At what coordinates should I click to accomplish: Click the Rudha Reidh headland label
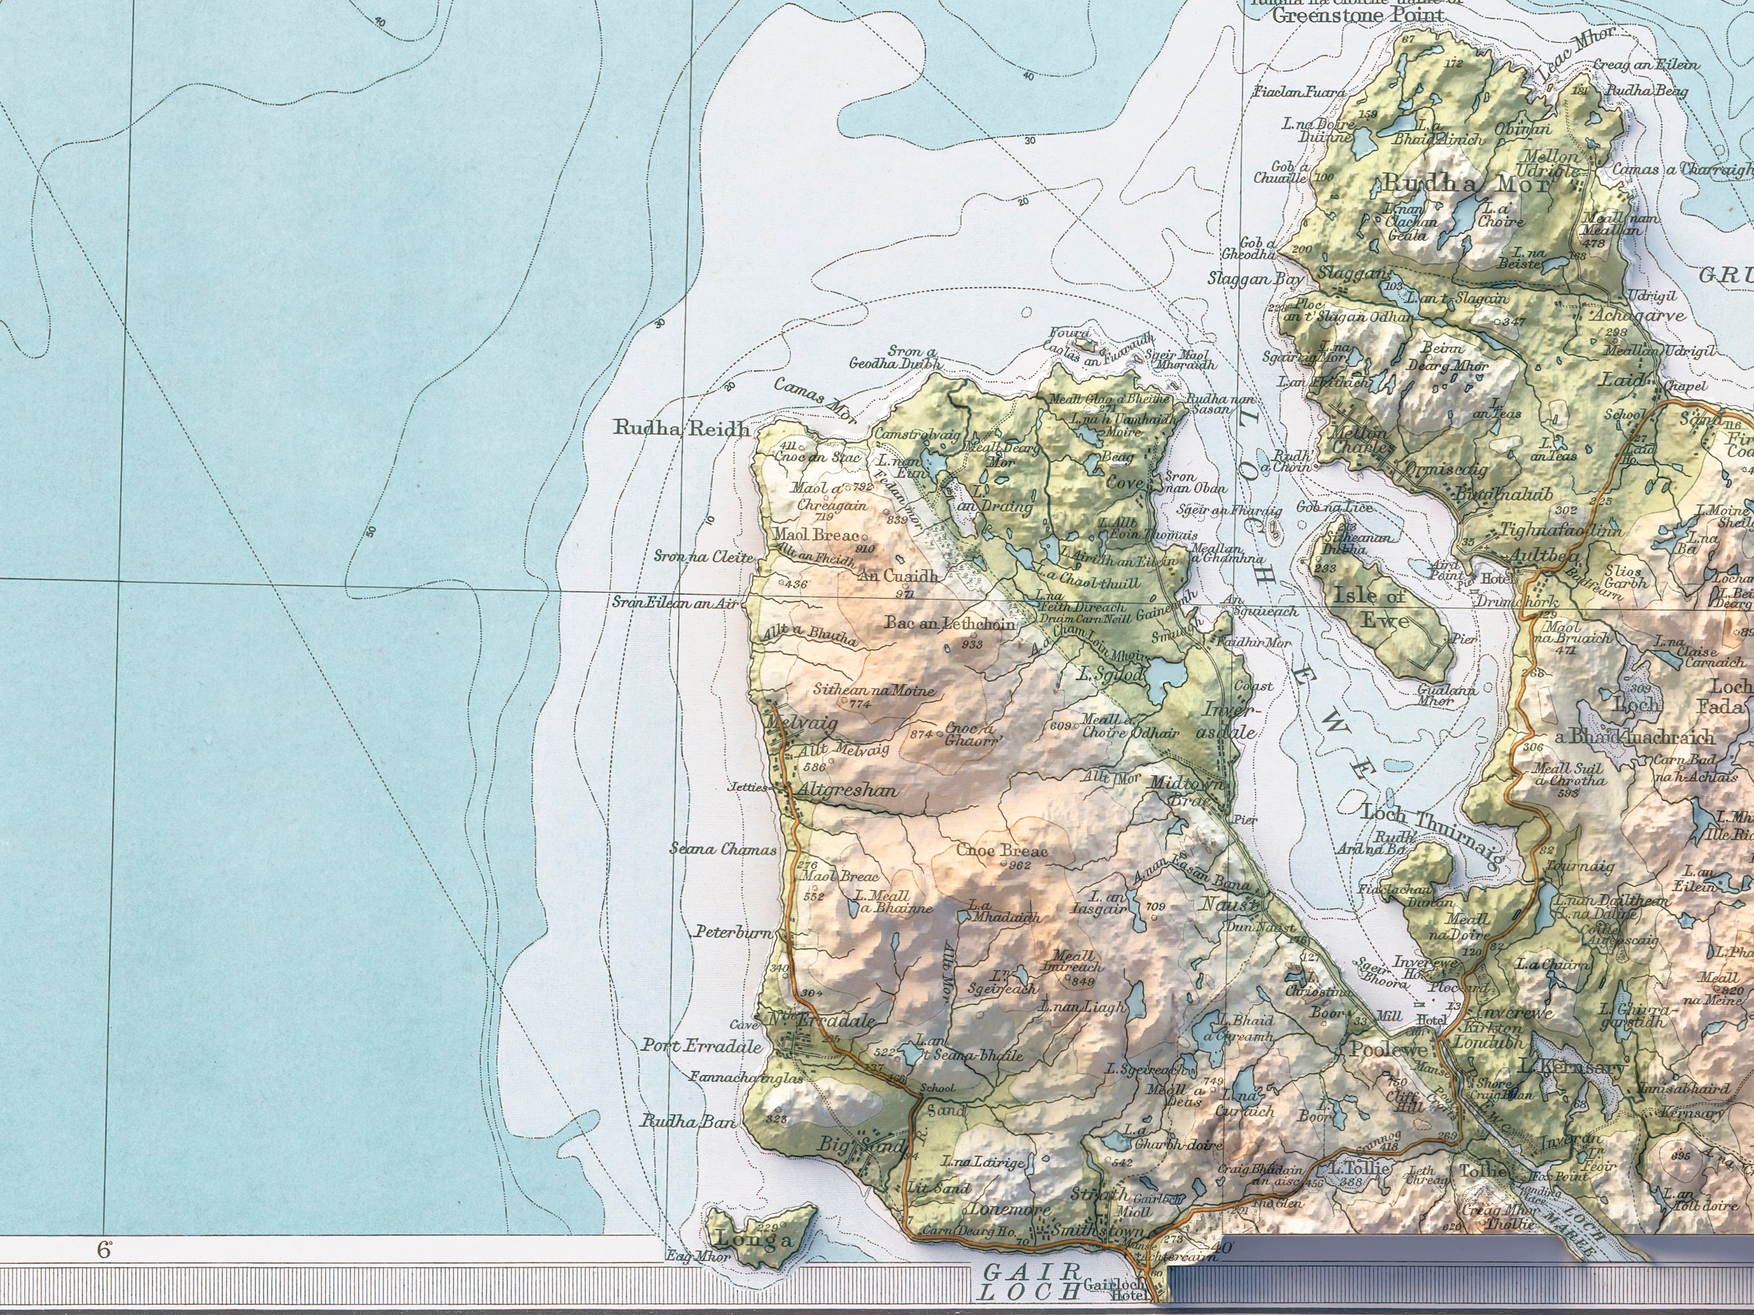point(681,429)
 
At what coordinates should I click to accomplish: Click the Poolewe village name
point(1389,1050)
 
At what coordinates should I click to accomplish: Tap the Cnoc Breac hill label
point(1002,850)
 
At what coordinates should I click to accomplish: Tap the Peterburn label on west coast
point(734,933)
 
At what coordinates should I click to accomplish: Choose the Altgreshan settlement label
point(847,790)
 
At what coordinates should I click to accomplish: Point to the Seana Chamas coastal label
point(723,850)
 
